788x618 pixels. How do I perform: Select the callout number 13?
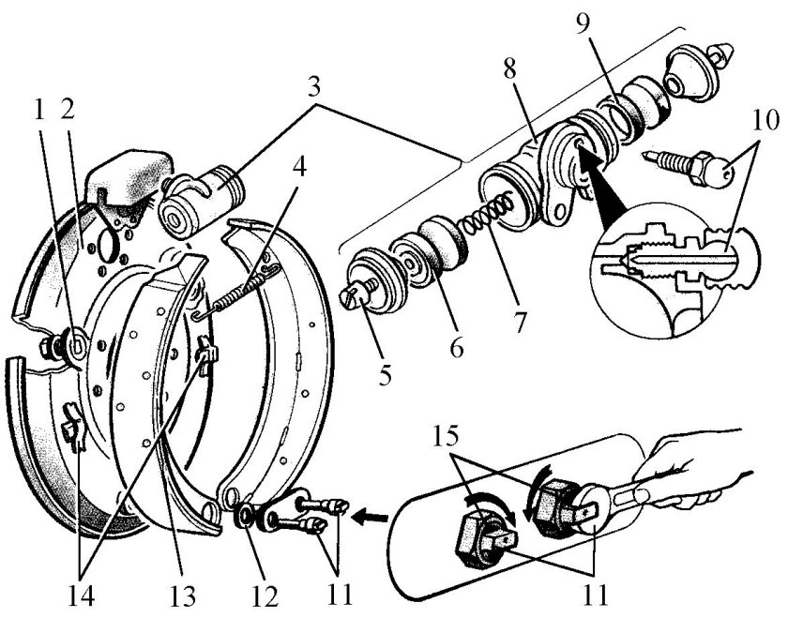(182, 595)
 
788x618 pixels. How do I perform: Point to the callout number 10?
(765, 120)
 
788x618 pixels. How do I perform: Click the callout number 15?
(446, 437)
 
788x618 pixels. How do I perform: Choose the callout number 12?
(265, 596)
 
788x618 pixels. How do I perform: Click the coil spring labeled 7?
(488, 215)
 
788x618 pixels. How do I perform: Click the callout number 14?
(82, 595)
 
